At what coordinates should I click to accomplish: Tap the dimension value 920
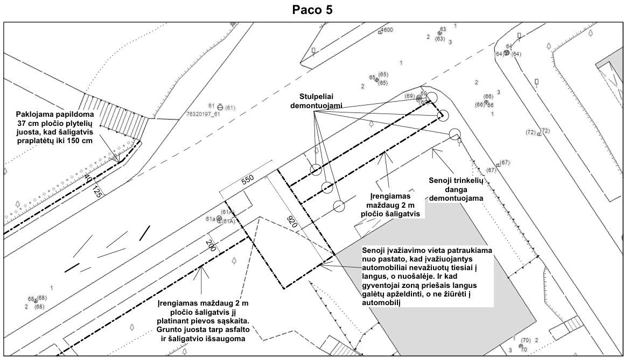(293, 223)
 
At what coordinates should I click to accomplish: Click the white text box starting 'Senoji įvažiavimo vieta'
(427, 277)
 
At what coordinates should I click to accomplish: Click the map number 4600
(387, 30)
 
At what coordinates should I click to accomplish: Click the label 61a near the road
(210, 219)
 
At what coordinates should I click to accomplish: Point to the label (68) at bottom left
(41, 298)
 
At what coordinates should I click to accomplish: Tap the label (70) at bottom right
(526, 340)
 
